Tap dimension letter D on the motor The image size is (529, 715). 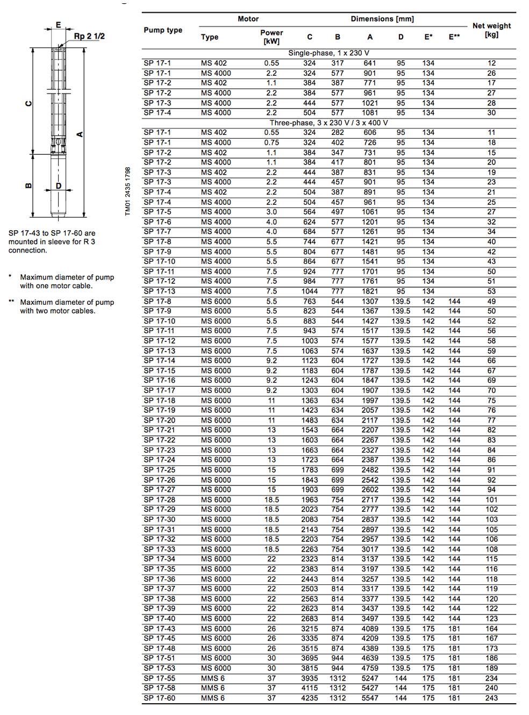tap(59, 186)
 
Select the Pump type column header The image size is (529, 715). tap(163, 30)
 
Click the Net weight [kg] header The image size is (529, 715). tap(491, 30)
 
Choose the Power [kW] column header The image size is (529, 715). tap(271, 37)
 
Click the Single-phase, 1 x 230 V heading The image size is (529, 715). tap(328, 53)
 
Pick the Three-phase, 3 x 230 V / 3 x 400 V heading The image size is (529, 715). tap(328, 123)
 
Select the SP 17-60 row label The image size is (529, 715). tap(159, 698)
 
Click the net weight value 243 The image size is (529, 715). tap(491, 698)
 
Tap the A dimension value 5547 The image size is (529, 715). tap(370, 698)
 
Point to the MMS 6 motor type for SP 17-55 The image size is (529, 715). tap(213, 678)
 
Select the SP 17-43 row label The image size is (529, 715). tap(159, 628)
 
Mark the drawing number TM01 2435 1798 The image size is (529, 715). tap(127, 191)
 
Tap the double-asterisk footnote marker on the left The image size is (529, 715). tap(11, 302)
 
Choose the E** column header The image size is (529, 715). tap(454, 37)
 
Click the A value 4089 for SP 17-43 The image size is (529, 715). tap(370, 628)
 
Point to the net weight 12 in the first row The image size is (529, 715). tap(491, 63)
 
